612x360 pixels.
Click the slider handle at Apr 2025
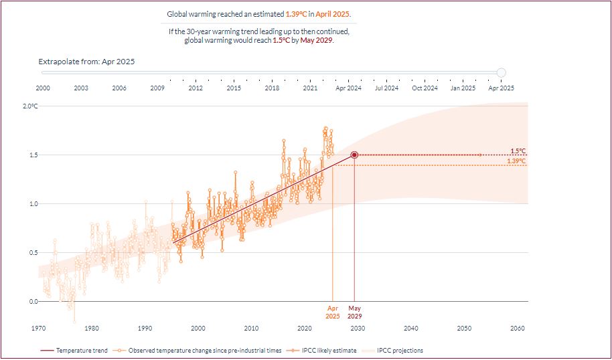coord(502,73)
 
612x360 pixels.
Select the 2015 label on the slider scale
coord(234,88)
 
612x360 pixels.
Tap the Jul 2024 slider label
coord(386,88)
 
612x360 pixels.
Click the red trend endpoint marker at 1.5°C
coord(354,155)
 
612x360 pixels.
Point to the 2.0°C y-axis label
coord(31,106)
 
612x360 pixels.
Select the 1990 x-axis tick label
coord(145,328)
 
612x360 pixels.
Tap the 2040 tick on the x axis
coord(410,328)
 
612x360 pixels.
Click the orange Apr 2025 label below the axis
coord(333,312)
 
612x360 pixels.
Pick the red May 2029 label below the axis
coord(354,312)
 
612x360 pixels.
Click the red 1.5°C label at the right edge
coord(517,151)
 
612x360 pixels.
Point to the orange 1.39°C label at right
coord(516,161)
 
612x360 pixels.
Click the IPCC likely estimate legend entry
coord(318,350)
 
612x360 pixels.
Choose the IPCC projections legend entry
coord(399,350)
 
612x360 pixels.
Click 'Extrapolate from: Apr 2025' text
coord(87,62)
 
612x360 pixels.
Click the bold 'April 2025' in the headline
coord(333,14)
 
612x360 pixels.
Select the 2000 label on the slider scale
coord(43,88)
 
